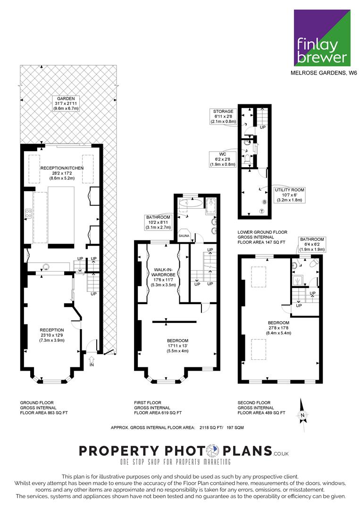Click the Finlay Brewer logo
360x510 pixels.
(322, 38)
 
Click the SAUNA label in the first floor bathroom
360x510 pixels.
(184, 236)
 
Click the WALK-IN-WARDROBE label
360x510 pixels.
(165, 277)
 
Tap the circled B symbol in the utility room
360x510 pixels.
(265, 202)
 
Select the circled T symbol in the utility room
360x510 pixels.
(262, 211)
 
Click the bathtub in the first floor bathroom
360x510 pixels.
(191, 204)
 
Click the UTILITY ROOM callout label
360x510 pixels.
(290, 195)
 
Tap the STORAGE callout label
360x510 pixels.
(223, 117)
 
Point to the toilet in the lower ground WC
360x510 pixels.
(248, 159)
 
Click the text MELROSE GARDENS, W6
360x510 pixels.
(324, 73)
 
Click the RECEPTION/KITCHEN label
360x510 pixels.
(62, 173)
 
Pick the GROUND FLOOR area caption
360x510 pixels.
(44, 408)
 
